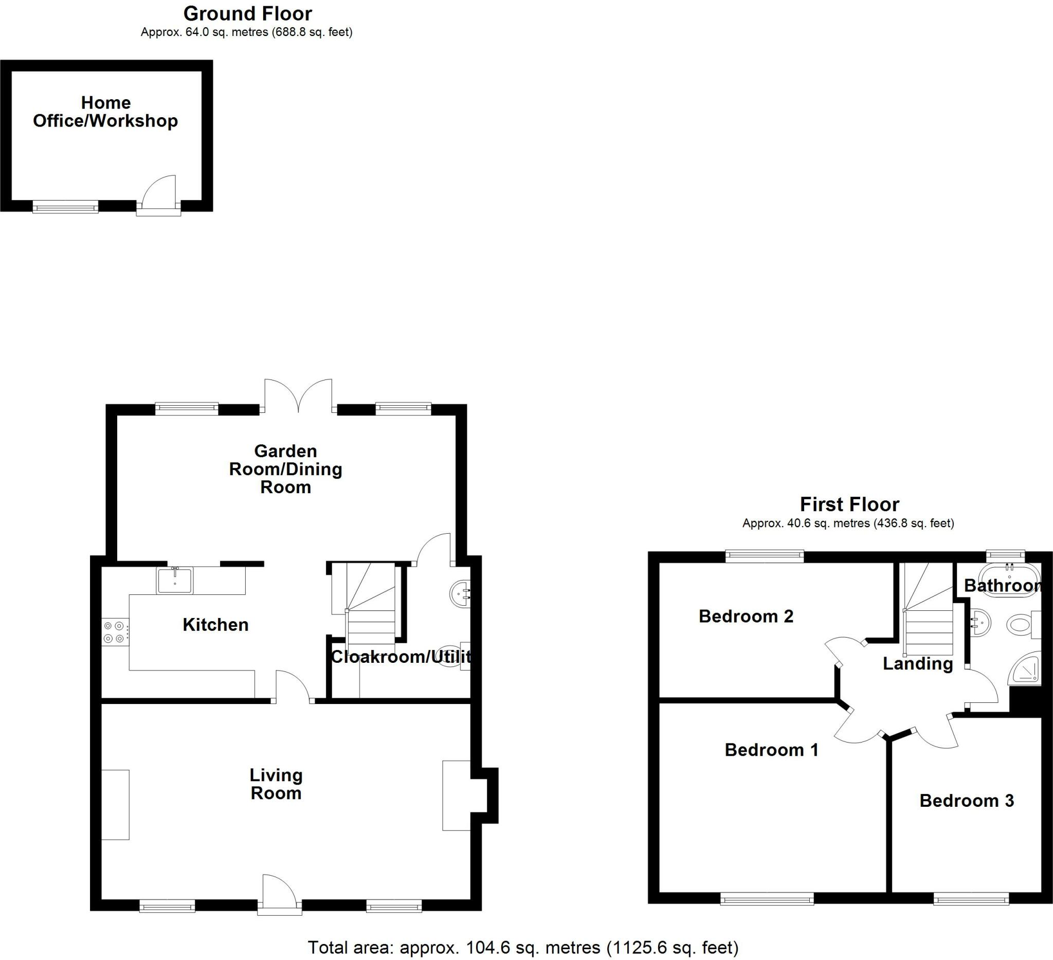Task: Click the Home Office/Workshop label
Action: click(105, 112)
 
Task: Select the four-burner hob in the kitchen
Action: click(114, 632)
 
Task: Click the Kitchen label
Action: click(215, 625)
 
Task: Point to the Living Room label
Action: click(276, 785)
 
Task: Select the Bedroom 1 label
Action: click(771, 750)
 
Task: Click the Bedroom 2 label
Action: click(746, 617)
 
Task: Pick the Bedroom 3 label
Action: click(966, 801)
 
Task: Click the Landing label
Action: click(918, 664)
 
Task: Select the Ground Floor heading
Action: click(248, 13)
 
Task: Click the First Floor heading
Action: click(849, 504)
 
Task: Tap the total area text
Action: click(523, 948)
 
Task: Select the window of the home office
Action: click(65, 208)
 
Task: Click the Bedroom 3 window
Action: click(971, 899)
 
